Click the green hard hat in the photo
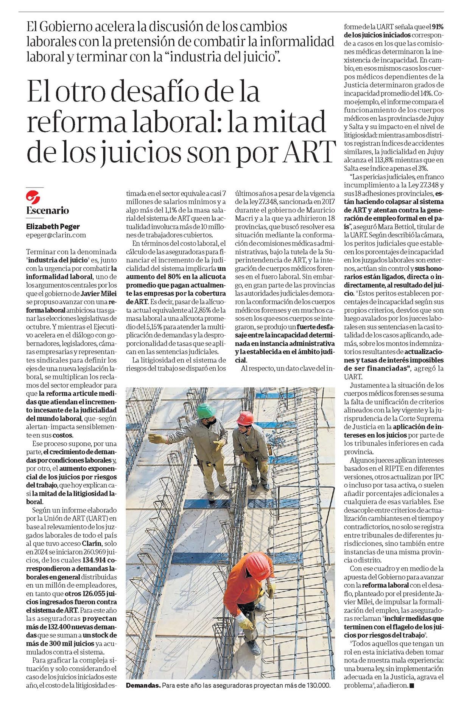pyautogui.click(x=207, y=411)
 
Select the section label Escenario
pyautogui.click(x=48, y=211)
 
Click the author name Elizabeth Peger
pyautogui.click(x=53, y=227)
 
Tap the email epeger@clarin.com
pyautogui.click(x=56, y=235)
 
